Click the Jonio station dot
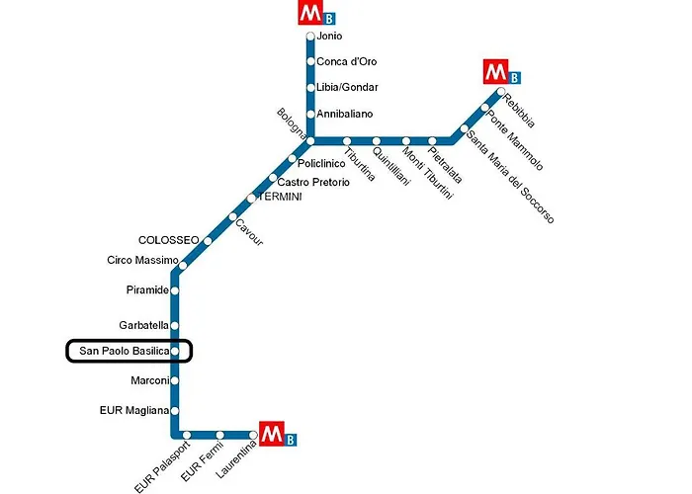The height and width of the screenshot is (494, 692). click(x=310, y=37)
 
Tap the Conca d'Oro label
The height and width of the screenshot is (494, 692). click(x=347, y=61)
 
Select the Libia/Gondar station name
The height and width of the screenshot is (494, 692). click(x=347, y=87)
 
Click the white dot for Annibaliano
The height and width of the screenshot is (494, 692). click(x=310, y=115)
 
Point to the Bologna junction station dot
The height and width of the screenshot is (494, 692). click(x=310, y=141)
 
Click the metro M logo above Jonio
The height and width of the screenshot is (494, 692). click(x=311, y=13)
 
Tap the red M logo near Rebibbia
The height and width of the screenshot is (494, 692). click(x=496, y=71)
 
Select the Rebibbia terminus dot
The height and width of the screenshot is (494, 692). click(x=501, y=92)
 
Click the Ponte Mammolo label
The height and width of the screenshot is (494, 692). click(x=515, y=140)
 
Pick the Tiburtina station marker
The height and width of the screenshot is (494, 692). click(x=347, y=141)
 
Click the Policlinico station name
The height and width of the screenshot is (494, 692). click(x=321, y=164)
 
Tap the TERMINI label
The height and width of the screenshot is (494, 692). click(x=281, y=197)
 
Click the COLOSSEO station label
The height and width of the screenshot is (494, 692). click(x=169, y=240)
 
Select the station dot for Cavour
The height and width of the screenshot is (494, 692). click(x=232, y=216)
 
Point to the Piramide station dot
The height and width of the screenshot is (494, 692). click(x=175, y=290)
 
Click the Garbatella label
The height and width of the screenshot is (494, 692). click(x=144, y=325)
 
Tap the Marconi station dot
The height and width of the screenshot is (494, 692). click(x=175, y=380)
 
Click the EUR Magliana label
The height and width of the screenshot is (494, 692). click(x=134, y=411)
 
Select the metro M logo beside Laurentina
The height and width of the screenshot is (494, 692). click(x=272, y=434)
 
